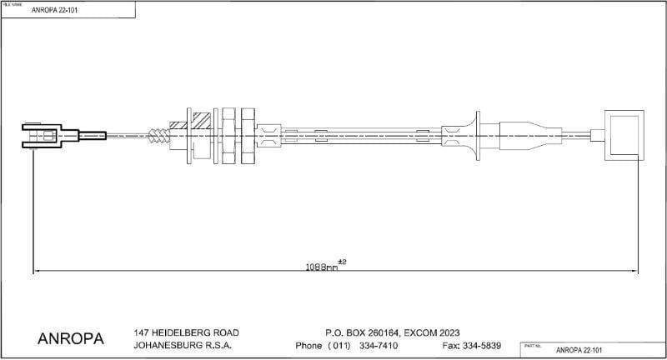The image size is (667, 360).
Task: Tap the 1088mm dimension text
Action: point(321,267)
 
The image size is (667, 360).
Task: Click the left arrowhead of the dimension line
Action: point(37,271)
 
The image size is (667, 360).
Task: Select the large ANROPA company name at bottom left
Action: point(71,339)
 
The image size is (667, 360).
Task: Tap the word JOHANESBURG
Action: point(168,345)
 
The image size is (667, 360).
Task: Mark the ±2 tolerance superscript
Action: point(342,262)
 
